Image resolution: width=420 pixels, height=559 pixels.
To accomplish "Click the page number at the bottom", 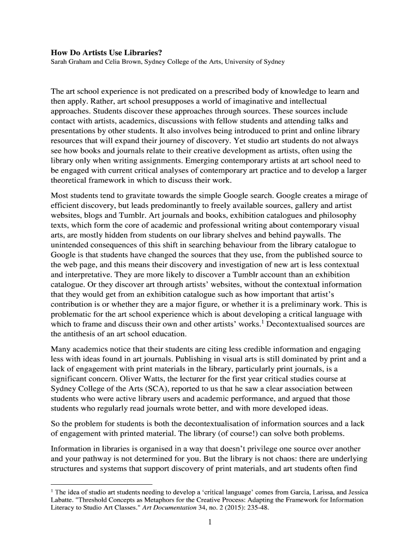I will (210, 522).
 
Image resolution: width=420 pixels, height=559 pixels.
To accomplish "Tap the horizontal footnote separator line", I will (101, 484).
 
